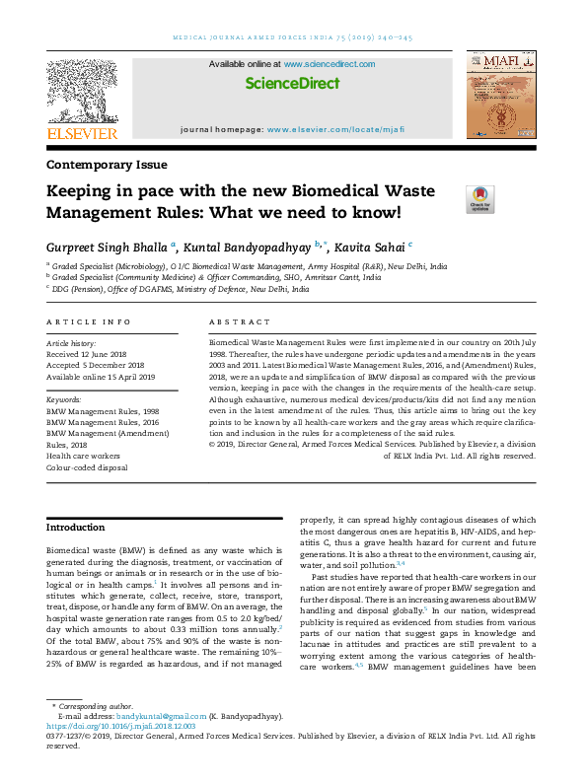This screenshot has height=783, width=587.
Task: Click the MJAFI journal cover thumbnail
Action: click(500, 97)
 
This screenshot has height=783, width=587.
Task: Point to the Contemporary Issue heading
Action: click(107, 165)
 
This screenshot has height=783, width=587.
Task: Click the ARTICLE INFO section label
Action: click(89, 322)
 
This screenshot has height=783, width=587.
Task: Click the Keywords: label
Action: click(67, 400)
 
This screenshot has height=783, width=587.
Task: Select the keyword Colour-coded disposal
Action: click(88, 467)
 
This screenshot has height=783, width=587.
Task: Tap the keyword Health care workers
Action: click(84, 456)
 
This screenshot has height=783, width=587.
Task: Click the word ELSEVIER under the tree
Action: click(82, 134)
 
